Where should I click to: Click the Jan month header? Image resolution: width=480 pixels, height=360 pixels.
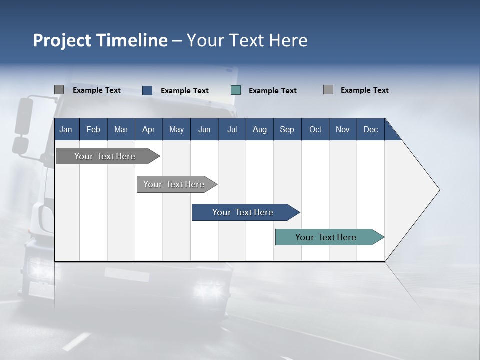point(66,130)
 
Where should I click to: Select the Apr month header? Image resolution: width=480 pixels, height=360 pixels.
point(148,130)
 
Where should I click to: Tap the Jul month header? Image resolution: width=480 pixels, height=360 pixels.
point(232,130)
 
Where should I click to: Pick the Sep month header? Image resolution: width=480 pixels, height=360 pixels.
point(287,130)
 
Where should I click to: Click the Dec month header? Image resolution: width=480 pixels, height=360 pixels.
point(370,130)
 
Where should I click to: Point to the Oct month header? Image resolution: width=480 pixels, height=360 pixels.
point(315,130)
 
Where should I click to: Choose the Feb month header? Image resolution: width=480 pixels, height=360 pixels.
point(93,130)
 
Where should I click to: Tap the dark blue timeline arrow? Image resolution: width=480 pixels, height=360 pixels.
point(243,212)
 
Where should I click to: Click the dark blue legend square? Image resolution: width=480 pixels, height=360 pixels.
point(147,90)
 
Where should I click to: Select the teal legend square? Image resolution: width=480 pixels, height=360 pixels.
point(236,90)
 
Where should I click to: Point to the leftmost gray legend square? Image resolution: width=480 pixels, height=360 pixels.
point(59,90)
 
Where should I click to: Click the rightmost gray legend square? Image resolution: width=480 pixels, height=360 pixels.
point(328,90)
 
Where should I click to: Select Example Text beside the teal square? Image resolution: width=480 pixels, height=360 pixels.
point(272,91)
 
